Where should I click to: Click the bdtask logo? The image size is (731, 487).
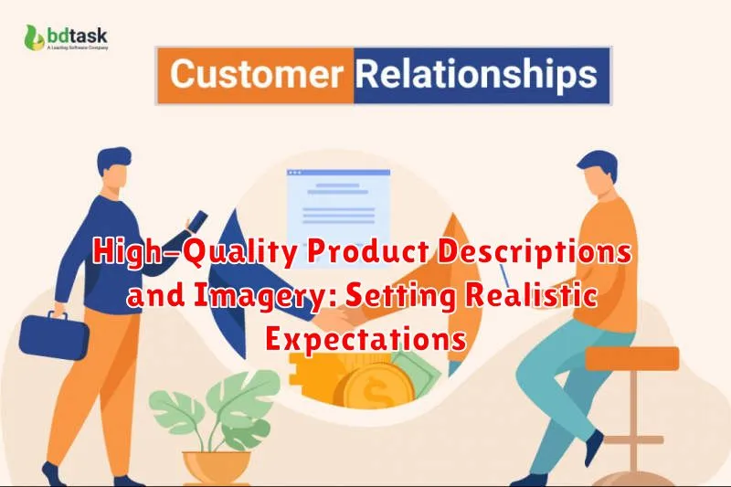click(x=66, y=37)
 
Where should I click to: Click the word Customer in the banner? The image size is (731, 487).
click(x=257, y=74)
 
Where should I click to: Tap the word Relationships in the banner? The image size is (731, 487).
click(x=476, y=75)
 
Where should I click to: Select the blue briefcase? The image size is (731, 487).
click(x=54, y=336)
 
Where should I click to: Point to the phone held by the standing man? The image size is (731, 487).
click(x=197, y=220)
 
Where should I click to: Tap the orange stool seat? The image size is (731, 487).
click(x=631, y=358)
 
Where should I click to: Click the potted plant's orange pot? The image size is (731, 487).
click(x=217, y=466)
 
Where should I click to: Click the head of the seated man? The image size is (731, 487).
click(x=599, y=174)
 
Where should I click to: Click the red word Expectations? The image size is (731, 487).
click(x=365, y=339)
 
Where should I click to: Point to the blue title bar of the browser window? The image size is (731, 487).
click(x=338, y=173)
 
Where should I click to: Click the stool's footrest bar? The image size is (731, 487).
click(x=633, y=439)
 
